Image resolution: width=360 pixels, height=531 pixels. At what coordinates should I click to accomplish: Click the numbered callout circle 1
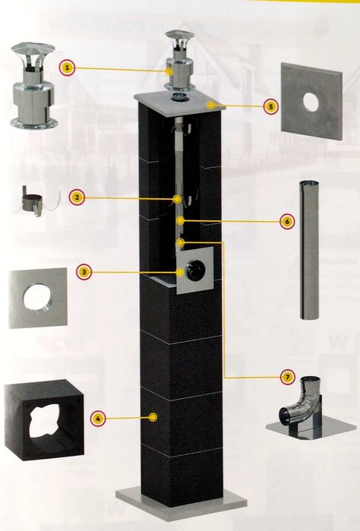click(67, 68)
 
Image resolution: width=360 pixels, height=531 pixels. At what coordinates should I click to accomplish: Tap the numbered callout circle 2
click(77, 198)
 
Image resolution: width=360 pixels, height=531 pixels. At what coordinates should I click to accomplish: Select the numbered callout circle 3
click(84, 272)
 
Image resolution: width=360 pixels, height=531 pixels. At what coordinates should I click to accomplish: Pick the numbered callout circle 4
click(98, 419)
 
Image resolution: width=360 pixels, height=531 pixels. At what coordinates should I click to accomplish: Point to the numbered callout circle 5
click(270, 106)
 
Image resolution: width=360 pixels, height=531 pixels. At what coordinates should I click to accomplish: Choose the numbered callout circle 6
click(287, 222)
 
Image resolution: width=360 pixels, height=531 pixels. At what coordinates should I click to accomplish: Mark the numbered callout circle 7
click(288, 377)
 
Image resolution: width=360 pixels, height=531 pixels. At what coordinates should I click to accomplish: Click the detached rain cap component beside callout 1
click(33, 86)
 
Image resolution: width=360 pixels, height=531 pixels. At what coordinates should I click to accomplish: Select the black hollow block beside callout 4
click(43, 420)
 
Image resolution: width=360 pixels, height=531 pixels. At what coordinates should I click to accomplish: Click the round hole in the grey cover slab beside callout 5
click(311, 101)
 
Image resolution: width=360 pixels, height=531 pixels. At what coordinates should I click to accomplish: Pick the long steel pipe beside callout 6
click(309, 250)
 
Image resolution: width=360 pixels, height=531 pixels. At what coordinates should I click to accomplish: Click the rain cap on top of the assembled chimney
click(179, 61)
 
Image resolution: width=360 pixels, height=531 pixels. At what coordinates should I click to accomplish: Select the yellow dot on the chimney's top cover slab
click(211, 106)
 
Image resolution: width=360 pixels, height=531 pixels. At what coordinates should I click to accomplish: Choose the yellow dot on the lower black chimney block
click(153, 417)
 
